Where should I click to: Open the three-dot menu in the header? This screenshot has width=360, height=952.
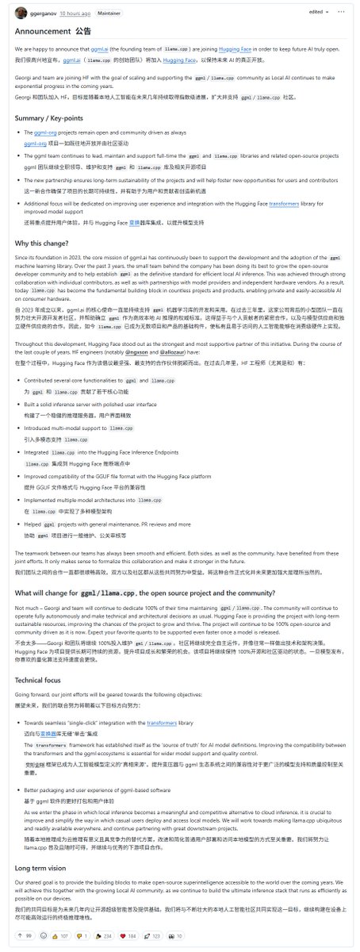coord(346,12)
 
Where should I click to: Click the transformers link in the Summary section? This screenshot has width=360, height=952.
coord(293,204)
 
